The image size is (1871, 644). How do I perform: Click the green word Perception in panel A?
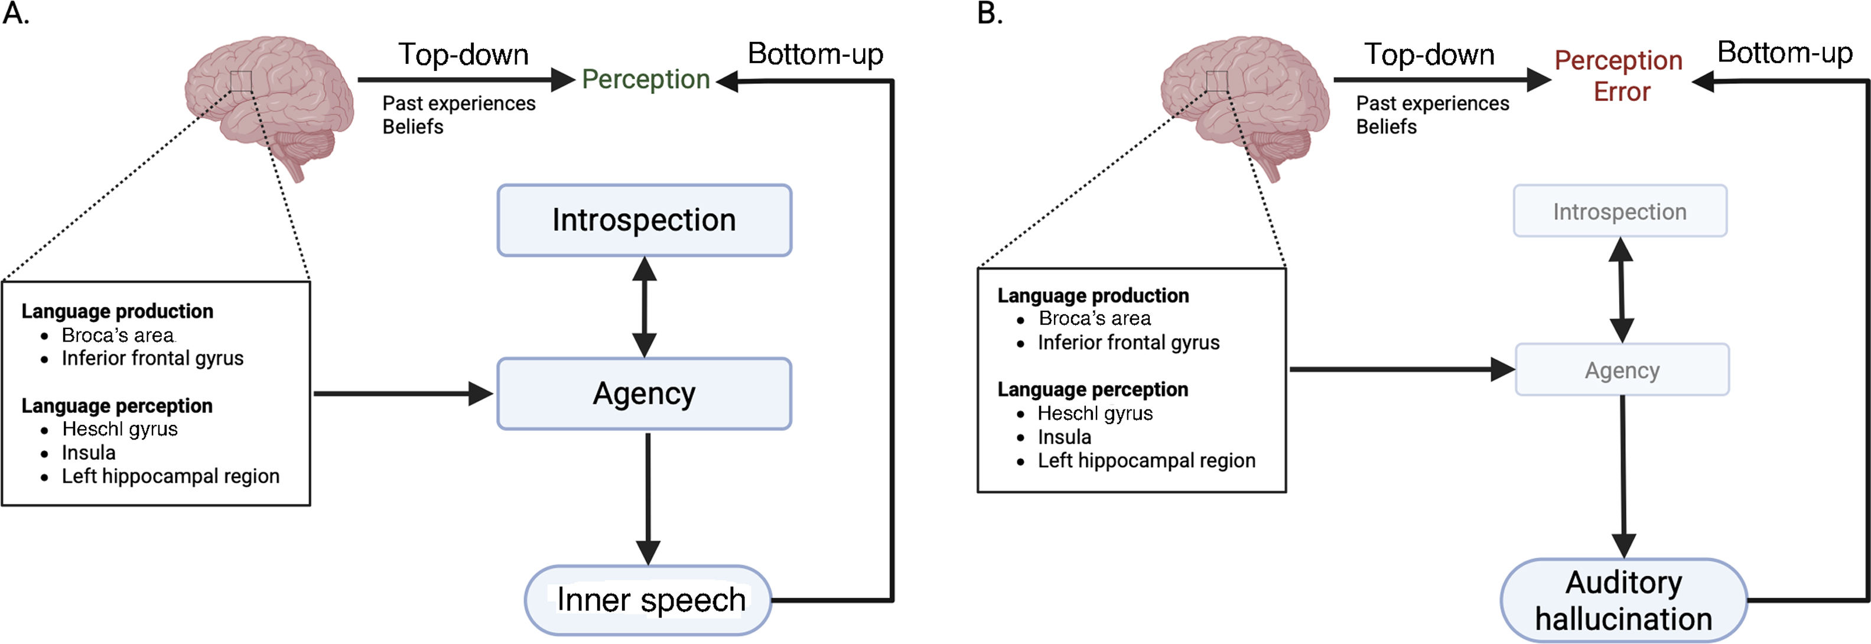(646, 79)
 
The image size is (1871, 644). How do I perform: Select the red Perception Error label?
(1619, 76)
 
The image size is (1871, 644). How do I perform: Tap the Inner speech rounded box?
(648, 600)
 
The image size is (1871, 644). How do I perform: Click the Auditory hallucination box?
(1624, 600)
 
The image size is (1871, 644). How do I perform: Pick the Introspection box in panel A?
(645, 220)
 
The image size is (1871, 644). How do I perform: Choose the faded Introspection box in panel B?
(1620, 212)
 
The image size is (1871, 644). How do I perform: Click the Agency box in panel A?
(645, 393)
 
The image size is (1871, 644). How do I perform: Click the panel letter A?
(16, 14)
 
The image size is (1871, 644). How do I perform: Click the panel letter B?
(991, 14)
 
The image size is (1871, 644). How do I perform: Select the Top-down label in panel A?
(463, 54)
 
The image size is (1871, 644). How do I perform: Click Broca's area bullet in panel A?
(118, 336)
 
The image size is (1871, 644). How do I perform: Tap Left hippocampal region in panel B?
(1146, 461)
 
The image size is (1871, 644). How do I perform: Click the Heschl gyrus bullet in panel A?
(120, 430)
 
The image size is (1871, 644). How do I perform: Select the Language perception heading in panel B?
(1092, 390)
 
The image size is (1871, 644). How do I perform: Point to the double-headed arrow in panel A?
(645, 307)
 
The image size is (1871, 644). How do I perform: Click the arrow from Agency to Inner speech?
(648, 499)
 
